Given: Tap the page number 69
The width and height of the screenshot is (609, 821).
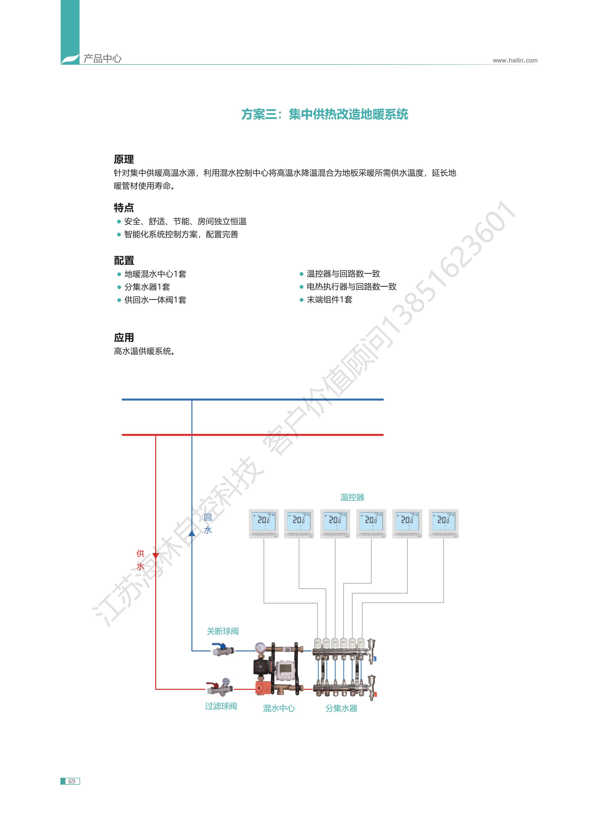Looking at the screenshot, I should (72, 781).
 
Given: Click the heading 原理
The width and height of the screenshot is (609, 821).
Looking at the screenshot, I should (124, 159).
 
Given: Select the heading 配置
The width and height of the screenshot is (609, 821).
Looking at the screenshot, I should (124, 260).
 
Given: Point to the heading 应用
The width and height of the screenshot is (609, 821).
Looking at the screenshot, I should (124, 337).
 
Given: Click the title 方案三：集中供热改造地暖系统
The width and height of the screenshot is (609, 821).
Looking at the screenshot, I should (325, 114).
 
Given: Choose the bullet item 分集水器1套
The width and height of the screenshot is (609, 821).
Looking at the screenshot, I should (147, 287).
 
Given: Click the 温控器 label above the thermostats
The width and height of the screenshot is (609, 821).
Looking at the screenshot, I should (352, 497).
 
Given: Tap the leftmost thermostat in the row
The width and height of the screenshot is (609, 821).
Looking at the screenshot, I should (264, 523).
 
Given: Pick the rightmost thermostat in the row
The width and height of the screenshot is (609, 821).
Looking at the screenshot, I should (443, 523).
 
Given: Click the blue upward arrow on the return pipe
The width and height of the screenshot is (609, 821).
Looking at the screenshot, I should (192, 533).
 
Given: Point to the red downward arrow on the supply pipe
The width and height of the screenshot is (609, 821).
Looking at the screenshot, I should (156, 556).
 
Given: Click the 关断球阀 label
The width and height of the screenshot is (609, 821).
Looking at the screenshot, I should (223, 631).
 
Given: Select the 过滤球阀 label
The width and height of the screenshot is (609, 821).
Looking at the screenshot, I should (221, 706).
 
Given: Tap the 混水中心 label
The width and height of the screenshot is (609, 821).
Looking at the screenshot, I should (279, 708).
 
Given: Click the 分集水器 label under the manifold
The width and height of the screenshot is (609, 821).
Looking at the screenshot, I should (341, 708).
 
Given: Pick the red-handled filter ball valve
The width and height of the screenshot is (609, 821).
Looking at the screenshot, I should (219, 687).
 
